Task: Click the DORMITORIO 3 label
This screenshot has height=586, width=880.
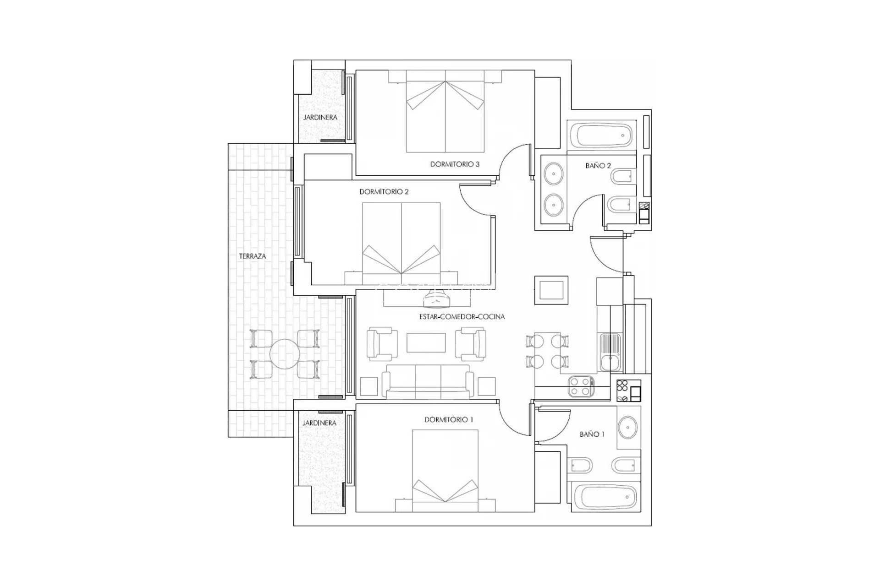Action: [x=455, y=164]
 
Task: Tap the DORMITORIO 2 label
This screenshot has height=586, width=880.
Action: [x=384, y=192]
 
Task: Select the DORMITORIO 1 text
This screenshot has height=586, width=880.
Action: [x=448, y=419]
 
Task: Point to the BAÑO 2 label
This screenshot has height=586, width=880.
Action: [x=598, y=166]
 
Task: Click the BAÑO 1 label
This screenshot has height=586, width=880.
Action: [x=592, y=434]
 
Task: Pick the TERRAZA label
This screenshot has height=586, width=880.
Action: [x=253, y=256]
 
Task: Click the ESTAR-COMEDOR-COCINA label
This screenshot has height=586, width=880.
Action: [x=462, y=316]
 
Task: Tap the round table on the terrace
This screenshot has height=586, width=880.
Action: [x=285, y=354]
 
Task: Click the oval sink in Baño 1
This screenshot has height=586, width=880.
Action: [x=627, y=428]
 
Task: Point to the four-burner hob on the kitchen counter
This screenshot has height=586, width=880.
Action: [x=581, y=386]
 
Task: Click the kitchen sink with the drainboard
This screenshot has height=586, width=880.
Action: [x=610, y=352]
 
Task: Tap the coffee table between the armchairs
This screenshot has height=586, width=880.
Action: [x=426, y=342]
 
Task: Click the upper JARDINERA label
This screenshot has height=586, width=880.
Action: [x=320, y=117]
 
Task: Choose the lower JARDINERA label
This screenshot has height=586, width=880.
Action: [x=319, y=423]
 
